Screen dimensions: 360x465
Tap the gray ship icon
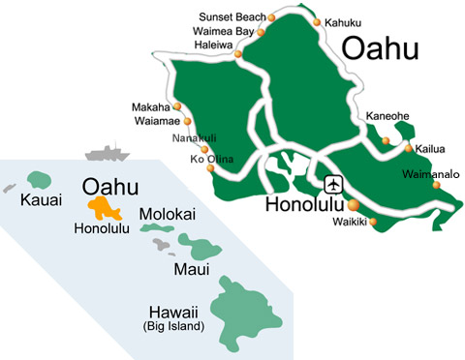107,153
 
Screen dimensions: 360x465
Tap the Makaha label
151,106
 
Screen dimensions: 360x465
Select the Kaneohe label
387,117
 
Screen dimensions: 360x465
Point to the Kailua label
431,149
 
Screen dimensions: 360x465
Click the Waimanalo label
429,175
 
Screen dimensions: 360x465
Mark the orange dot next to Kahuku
318,19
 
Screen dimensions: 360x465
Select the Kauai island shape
40,179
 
